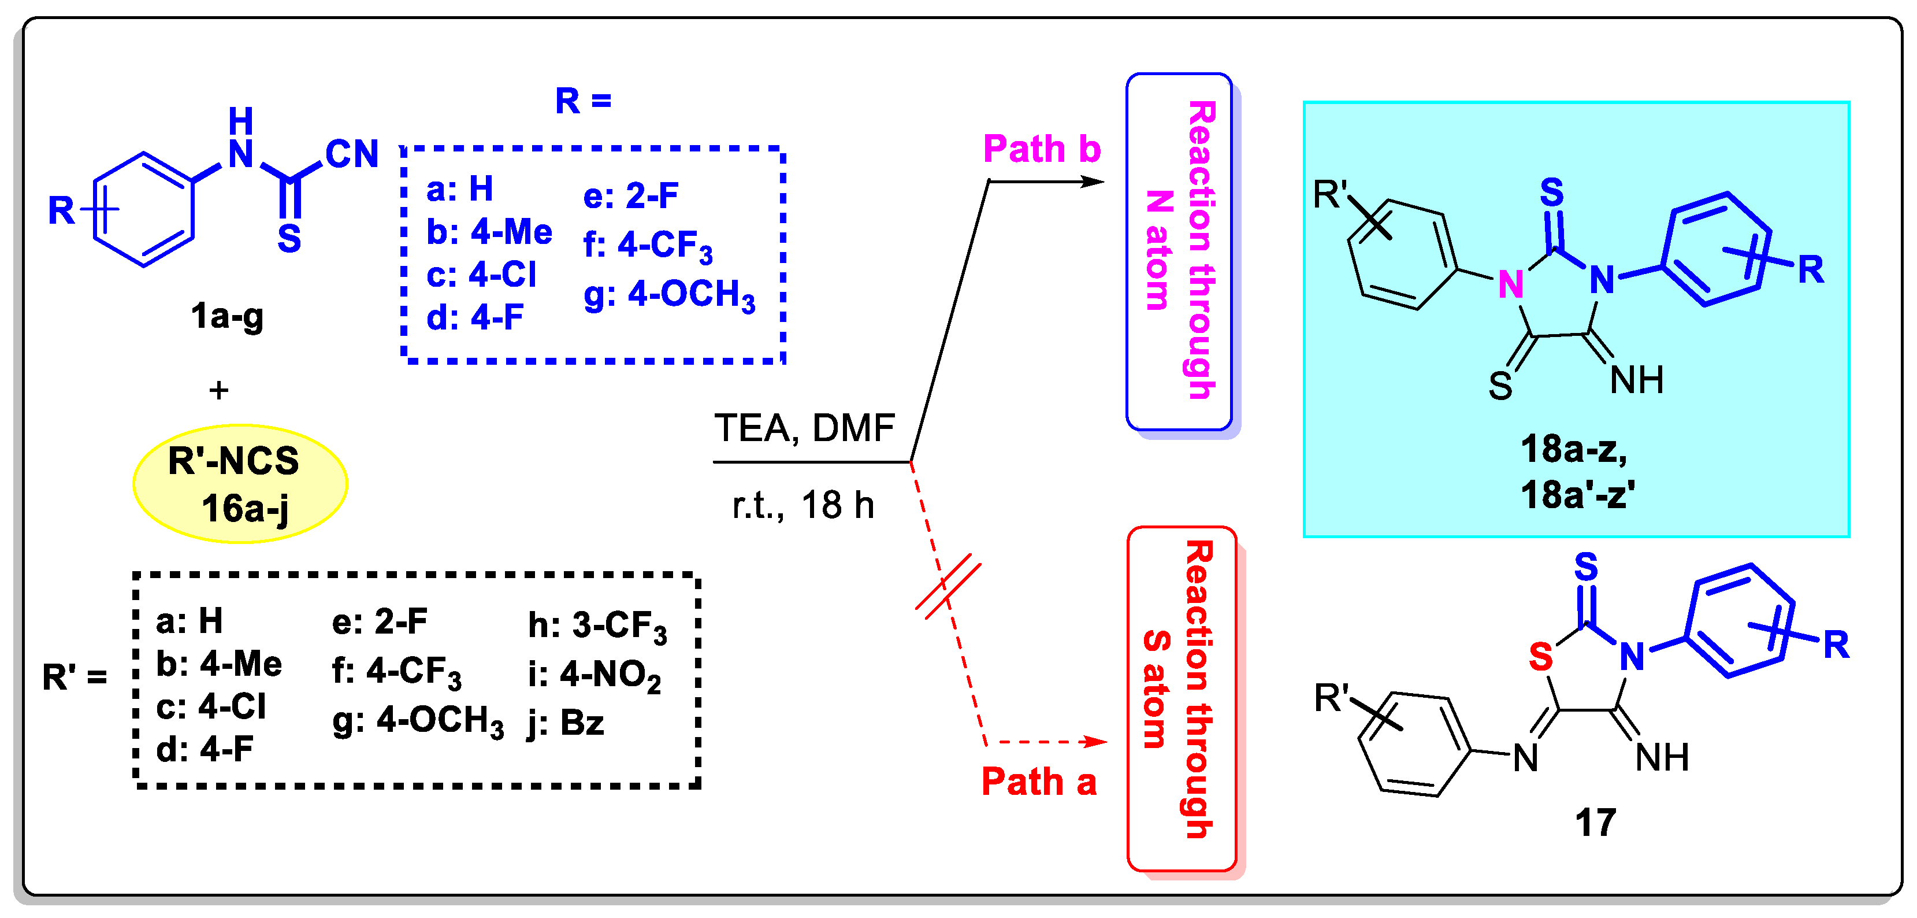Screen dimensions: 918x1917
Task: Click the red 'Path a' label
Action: [1038, 782]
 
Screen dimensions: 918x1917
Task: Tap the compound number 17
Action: [1595, 823]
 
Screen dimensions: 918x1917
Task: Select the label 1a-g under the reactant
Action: [227, 316]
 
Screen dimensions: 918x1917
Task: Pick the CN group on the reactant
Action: [351, 154]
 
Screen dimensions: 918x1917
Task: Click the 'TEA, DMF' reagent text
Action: [804, 428]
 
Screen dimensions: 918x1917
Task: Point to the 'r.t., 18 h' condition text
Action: [803, 505]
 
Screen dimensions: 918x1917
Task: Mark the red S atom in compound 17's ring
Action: [1540, 657]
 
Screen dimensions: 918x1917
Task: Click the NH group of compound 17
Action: [1661, 758]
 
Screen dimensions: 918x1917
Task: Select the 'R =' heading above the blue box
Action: [583, 100]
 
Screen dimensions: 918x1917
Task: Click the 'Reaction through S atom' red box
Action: [1181, 698]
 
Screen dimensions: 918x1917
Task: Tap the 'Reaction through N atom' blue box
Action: [1179, 251]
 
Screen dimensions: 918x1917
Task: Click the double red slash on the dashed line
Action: [948, 586]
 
